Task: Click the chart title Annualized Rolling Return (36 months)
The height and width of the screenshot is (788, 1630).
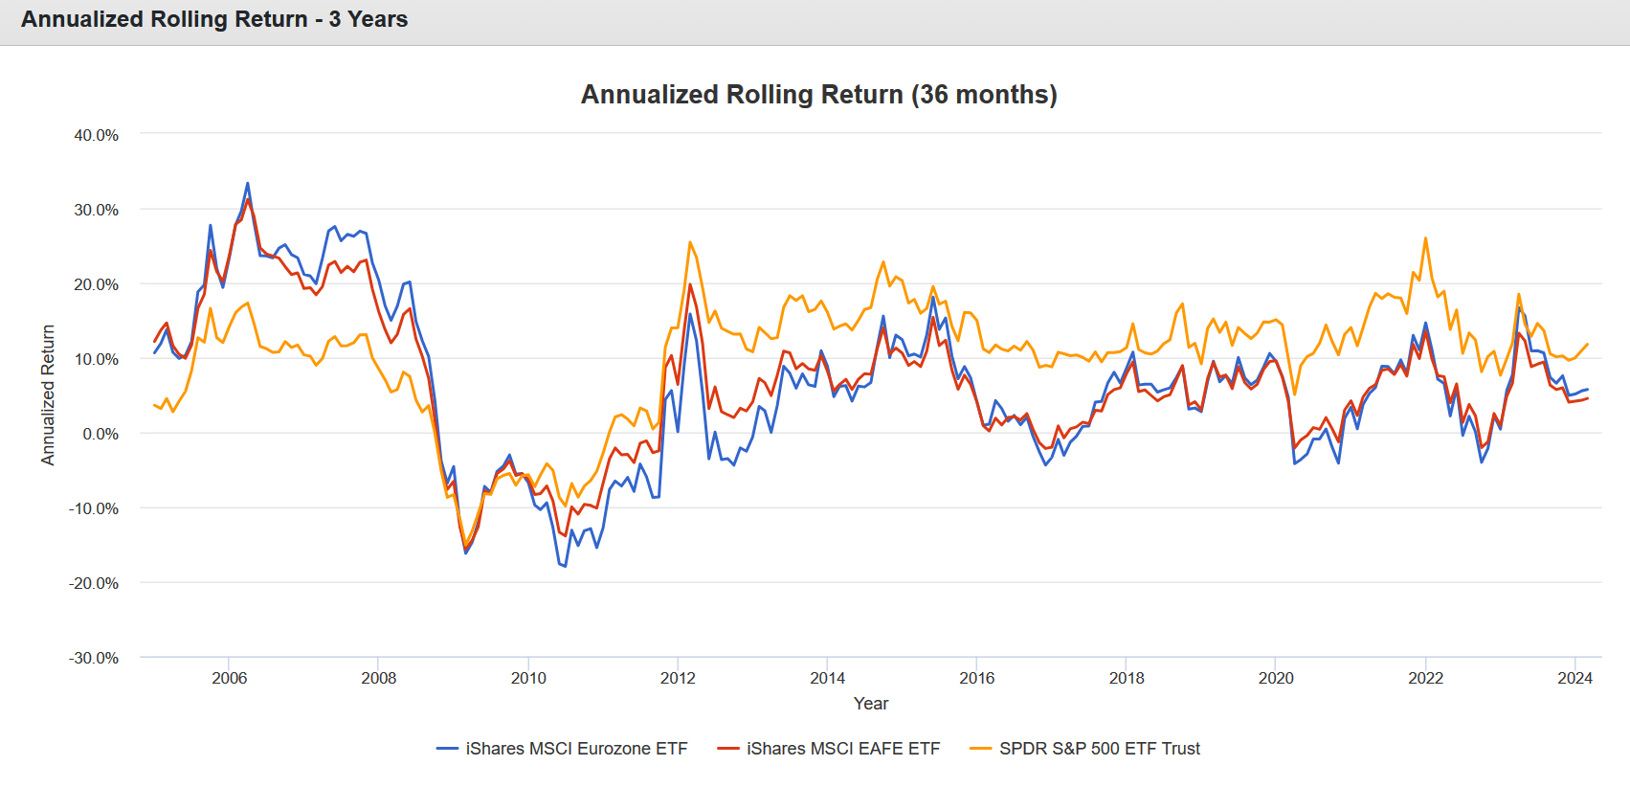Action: point(818,95)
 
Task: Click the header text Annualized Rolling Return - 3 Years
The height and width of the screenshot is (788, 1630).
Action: point(214,19)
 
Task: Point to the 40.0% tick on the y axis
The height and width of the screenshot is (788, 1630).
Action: point(97,135)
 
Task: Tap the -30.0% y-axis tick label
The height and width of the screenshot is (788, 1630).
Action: point(94,658)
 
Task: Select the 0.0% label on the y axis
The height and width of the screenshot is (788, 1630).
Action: point(100,434)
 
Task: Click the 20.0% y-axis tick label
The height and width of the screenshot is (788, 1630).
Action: point(97,284)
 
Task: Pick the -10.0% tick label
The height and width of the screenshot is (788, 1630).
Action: point(94,508)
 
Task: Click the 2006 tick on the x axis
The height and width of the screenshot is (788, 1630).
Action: point(229,678)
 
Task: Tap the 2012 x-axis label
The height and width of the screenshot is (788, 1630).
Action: point(678,678)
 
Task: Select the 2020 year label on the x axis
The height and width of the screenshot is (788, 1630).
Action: point(1276,678)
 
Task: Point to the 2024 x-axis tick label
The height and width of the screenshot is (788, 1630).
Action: point(1574,678)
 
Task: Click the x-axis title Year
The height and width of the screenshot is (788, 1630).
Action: point(871,704)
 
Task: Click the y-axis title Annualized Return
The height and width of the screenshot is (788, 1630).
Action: point(48,394)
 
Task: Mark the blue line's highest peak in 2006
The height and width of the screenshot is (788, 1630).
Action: point(248,183)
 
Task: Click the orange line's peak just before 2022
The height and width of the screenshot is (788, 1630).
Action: point(1426,238)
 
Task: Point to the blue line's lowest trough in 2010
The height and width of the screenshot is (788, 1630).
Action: point(565,566)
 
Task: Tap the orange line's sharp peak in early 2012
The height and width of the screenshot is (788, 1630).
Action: point(690,242)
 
